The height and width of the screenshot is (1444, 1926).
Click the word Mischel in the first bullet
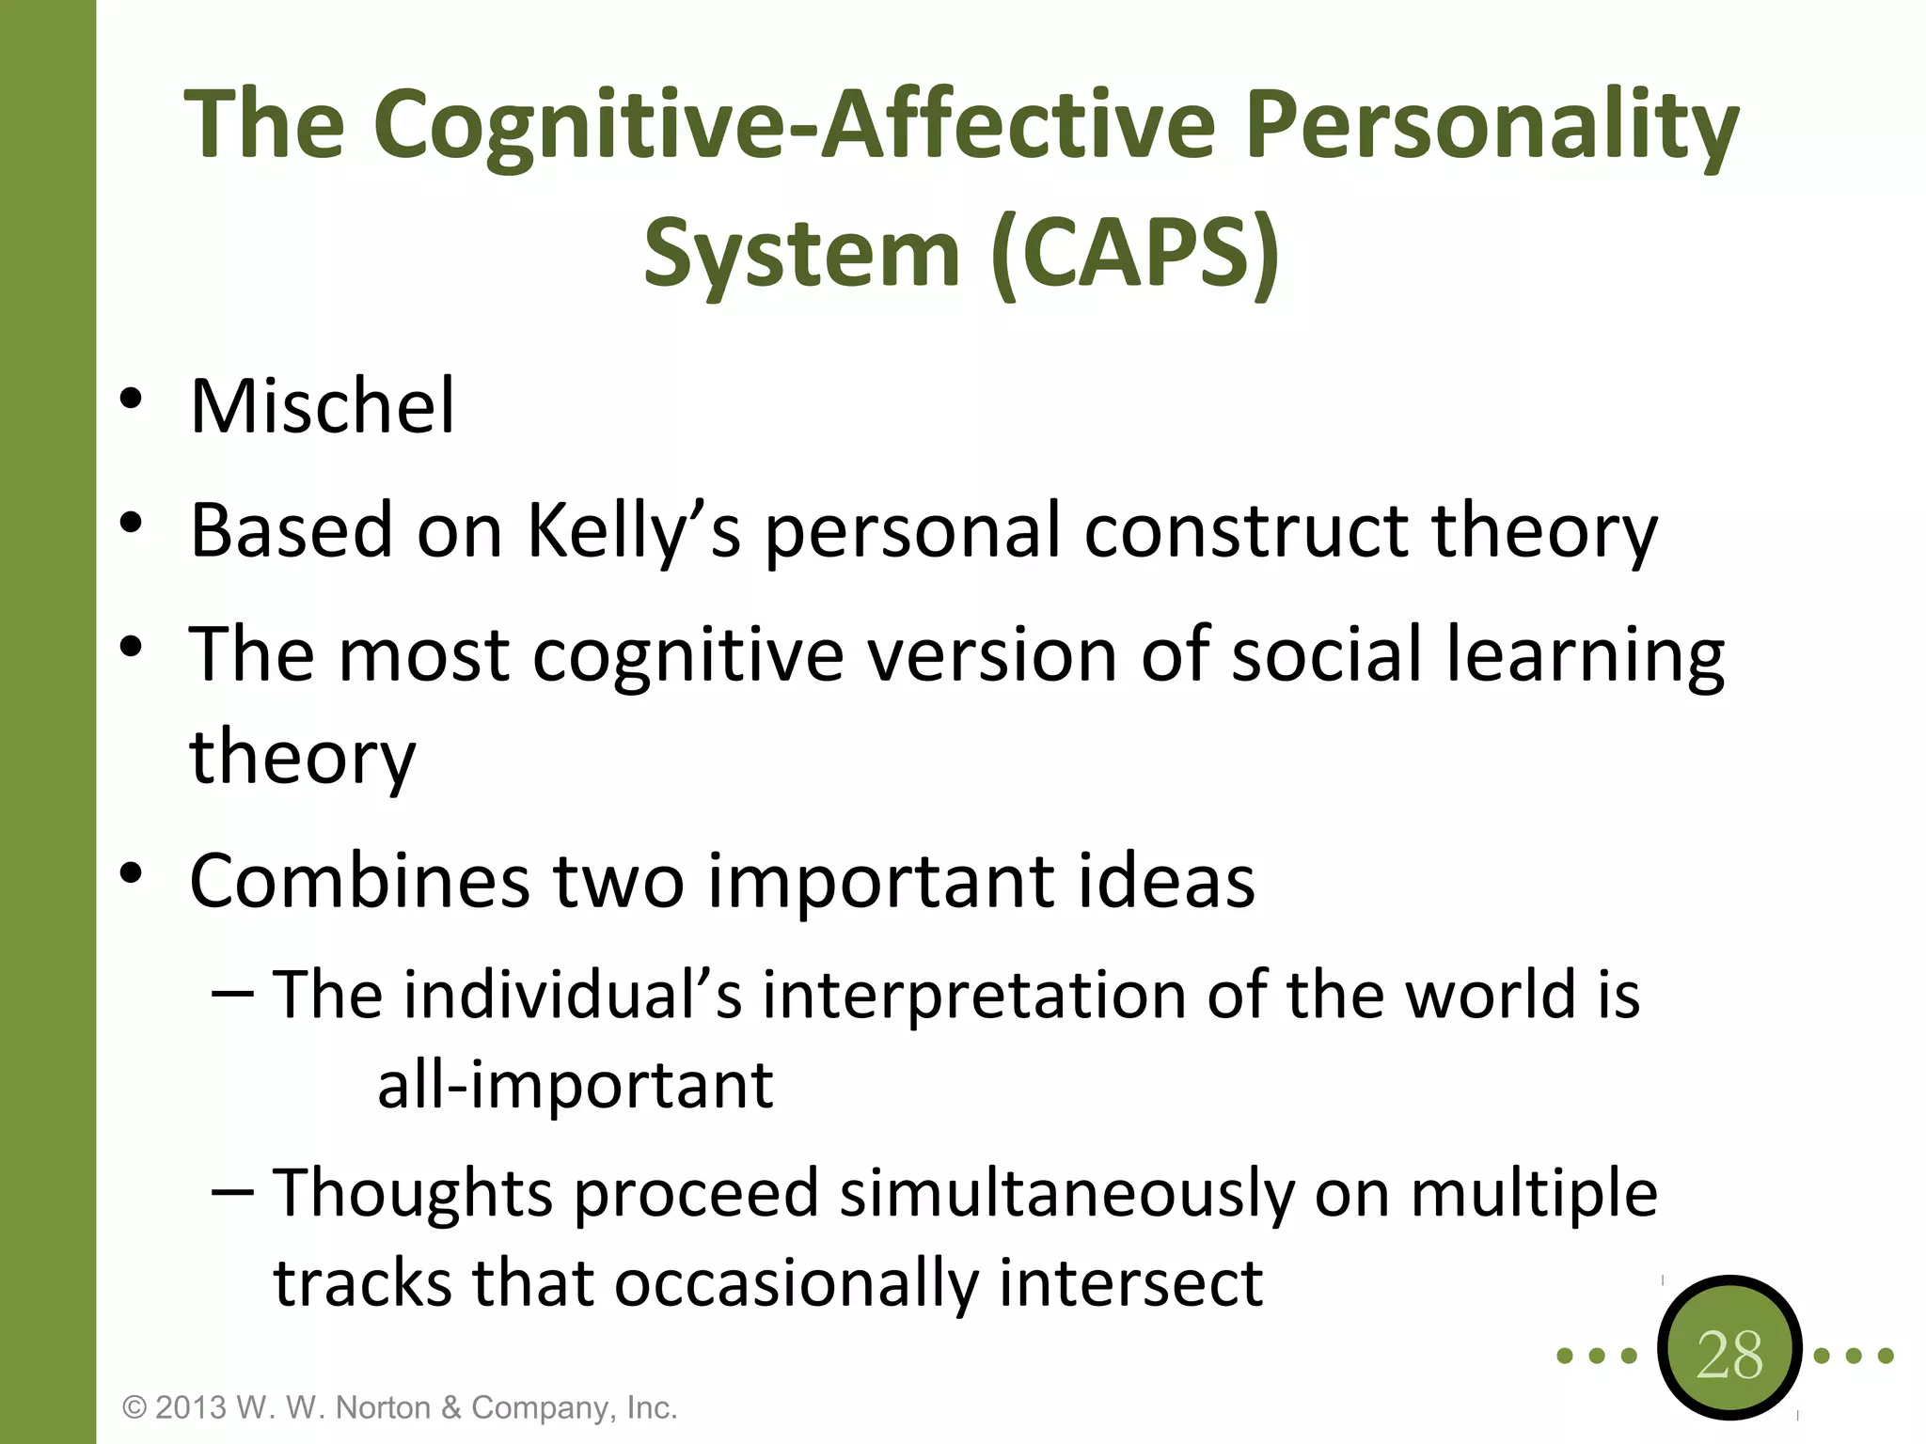tap(322, 406)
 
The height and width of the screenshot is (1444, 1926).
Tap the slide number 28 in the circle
tap(1729, 1355)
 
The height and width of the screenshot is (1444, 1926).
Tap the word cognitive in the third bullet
tap(687, 655)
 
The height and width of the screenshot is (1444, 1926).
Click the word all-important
tap(575, 1086)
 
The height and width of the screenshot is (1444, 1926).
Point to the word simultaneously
tap(1066, 1194)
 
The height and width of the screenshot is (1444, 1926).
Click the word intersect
tap(1130, 1283)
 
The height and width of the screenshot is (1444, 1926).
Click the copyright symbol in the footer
tap(134, 1407)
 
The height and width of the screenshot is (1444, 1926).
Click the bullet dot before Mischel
tap(131, 399)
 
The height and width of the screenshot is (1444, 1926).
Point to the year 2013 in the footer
tap(191, 1407)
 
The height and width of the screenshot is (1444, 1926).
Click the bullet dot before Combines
tap(131, 873)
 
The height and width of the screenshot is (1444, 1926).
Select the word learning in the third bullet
tap(1585, 655)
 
